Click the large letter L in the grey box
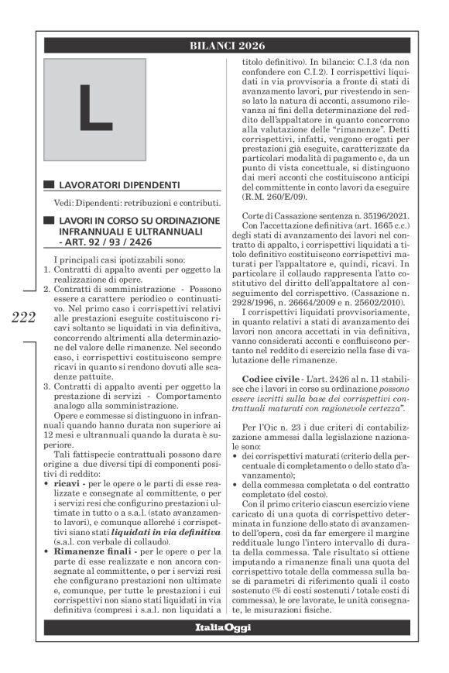[94, 109]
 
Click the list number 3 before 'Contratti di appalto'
[46, 385]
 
